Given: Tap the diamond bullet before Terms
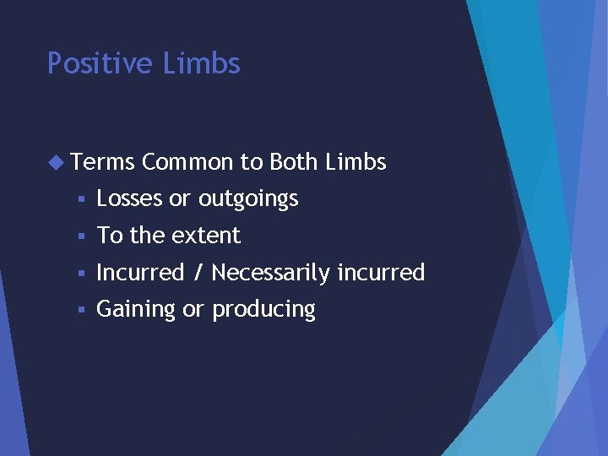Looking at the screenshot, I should (57, 161).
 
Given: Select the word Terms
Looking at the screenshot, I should (104, 162).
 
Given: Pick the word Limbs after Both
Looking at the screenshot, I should (356, 162).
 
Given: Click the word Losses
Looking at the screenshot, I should (130, 198).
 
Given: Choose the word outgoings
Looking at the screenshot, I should (248, 199).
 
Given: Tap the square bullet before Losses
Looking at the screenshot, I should (80, 199).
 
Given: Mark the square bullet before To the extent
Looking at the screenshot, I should (80, 236).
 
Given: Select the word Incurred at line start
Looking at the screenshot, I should (140, 272).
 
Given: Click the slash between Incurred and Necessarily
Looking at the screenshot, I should (198, 272).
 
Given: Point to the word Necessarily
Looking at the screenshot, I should (271, 273).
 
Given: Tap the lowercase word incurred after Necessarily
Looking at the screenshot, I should (381, 272).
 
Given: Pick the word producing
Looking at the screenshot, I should (263, 310).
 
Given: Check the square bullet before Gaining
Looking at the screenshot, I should (80, 310).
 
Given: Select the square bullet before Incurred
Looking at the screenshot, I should (80, 273).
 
